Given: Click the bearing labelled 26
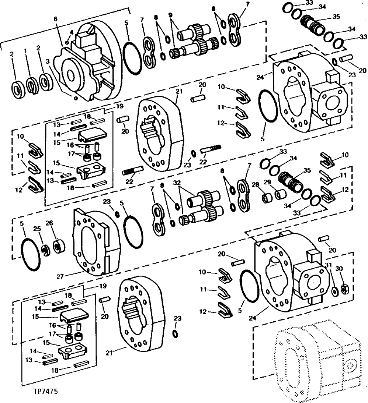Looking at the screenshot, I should (x=58, y=246).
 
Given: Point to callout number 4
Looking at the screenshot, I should (x=71, y=32).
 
